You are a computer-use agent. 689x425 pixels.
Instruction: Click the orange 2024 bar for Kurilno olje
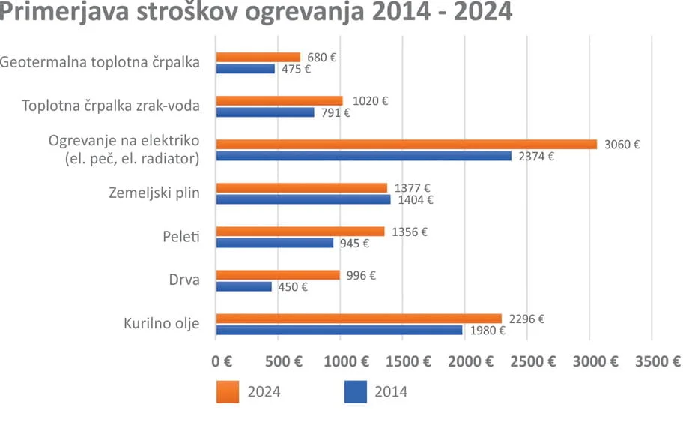point(359,319)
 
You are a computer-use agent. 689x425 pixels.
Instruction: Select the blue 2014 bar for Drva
point(244,286)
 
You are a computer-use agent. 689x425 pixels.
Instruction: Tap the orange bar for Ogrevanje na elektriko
point(407,144)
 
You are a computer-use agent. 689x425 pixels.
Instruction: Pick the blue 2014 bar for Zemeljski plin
point(303,200)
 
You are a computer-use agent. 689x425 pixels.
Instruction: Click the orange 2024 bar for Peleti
point(300,232)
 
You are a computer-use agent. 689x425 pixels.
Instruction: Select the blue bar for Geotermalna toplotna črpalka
point(246,69)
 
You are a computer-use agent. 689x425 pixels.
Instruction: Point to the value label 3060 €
point(622,145)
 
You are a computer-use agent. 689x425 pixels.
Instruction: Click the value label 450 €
point(293,286)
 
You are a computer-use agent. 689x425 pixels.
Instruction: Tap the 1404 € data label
point(416,200)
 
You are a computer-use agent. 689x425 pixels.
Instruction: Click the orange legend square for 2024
point(228,391)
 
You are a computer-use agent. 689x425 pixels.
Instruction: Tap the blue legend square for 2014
point(356,391)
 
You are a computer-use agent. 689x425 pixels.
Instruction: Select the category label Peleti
point(182,237)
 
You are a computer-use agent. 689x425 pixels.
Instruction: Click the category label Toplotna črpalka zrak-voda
point(112,106)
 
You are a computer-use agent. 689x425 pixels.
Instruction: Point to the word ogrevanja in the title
point(339,13)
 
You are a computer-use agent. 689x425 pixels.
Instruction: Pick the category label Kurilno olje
point(162,324)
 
